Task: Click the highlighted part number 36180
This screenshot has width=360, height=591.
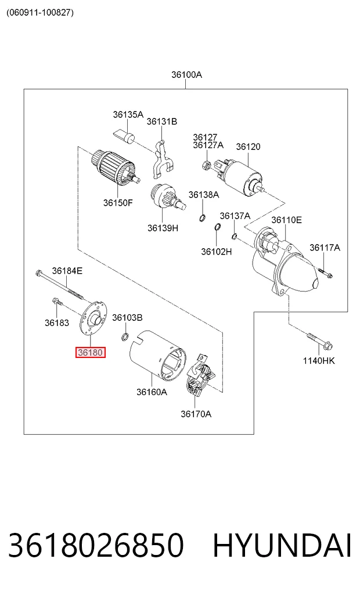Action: (91, 352)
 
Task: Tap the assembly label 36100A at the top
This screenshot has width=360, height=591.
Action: (187, 74)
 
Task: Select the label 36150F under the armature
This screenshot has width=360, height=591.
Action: (118, 203)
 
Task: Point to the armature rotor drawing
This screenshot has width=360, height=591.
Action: (116, 167)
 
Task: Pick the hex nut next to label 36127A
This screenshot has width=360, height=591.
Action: (206, 164)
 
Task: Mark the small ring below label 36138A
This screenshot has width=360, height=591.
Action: (203, 217)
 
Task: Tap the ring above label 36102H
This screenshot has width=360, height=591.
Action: (217, 227)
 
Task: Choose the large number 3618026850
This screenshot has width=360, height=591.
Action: (96, 546)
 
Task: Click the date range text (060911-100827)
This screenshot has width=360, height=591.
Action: (40, 12)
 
